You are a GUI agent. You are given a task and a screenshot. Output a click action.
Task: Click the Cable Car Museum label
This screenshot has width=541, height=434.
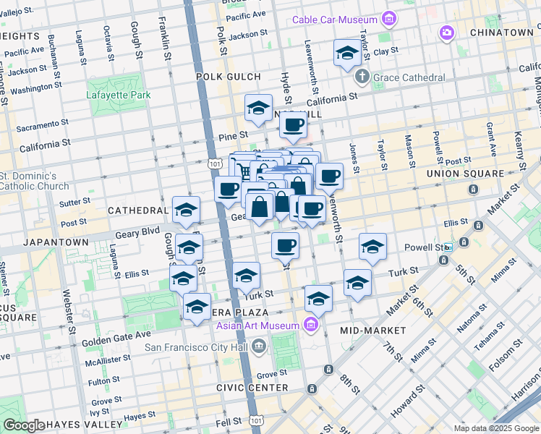(x=334, y=20)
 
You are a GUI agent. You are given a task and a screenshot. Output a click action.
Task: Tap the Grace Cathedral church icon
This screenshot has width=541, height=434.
(x=363, y=77)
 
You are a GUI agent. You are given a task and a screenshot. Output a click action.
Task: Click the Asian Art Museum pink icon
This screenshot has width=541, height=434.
(x=312, y=323)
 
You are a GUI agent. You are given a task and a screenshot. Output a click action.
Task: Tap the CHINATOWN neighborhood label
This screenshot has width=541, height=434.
(x=501, y=33)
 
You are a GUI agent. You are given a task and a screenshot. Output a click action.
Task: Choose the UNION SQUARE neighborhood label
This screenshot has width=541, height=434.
(x=464, y=174)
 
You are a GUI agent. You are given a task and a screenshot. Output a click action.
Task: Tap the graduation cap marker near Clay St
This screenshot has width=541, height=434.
(x=347, y=54)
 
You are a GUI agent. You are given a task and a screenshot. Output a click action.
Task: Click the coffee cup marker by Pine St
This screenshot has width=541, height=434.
(x=293, y=124)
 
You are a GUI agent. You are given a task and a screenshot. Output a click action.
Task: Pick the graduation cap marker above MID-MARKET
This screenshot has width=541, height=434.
(x=357, y=283)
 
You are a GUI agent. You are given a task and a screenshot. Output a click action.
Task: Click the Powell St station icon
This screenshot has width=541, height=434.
(x=449, y=247)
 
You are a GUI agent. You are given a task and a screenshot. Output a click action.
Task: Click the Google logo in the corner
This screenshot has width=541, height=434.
(x=24, y=425)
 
